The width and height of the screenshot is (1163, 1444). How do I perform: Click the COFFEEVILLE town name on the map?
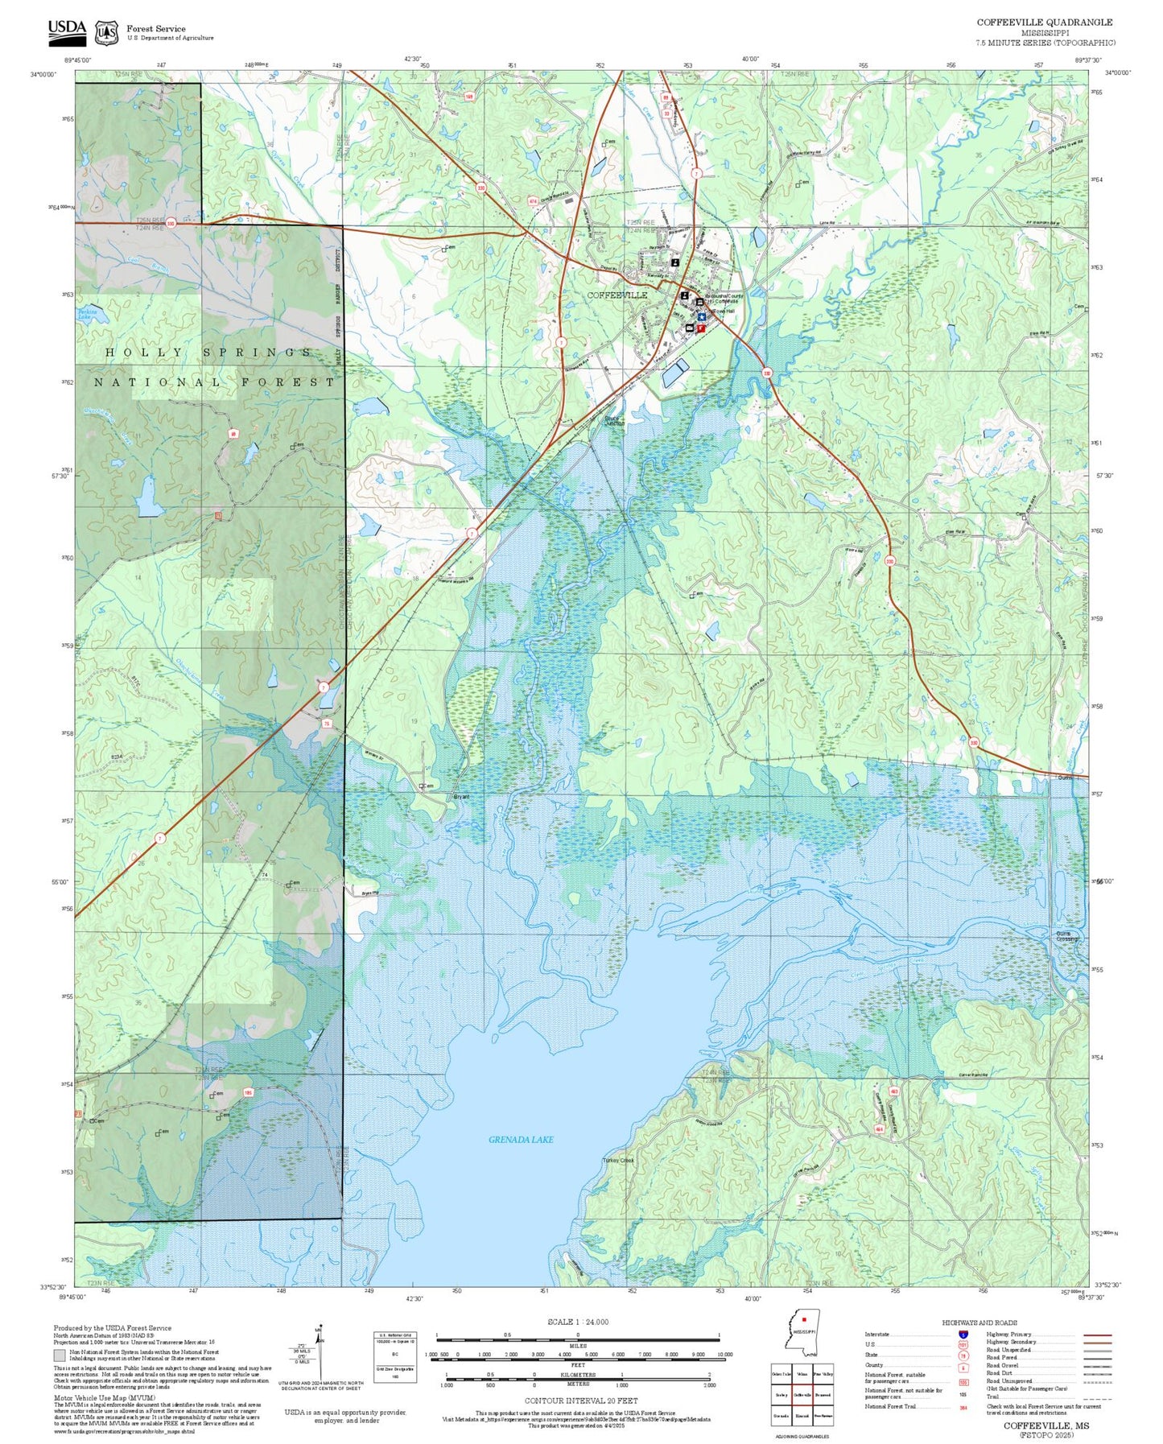pyautogui.click(x=617, y=295)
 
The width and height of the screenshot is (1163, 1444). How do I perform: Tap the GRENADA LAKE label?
pyautogui.click(x=521, y=1139)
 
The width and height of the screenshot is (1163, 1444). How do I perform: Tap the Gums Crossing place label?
pyautogui.click(x=1066, y=937)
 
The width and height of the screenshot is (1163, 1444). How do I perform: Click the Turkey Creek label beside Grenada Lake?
pyautogui.click(x=618, y=1161)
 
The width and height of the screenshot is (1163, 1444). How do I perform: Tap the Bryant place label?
pyautogui.click(x=461, y=797)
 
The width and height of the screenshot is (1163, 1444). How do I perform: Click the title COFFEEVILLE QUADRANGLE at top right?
pyautogui.click(x=1044, y=23)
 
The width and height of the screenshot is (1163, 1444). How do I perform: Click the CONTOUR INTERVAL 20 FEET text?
pyautogui.click(x=577, y=1401)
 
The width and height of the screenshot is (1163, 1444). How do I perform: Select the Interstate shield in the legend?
pyautogui.click(x=963, y=1335)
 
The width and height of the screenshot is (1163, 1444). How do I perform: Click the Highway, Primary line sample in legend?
pyautogui.click(x=1097, y=1335)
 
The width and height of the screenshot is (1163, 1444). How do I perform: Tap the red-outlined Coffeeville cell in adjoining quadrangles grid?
pyautogui.click(x=802, y=1395)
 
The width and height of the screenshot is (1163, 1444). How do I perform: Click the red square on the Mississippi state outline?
pyautogui.click(x=803, y=1342)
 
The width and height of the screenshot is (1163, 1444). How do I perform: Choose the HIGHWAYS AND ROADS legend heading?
pyautogui.click(x=979, y=1322)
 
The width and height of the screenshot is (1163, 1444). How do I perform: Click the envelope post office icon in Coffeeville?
pyautogui.click(x=690, y=328)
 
